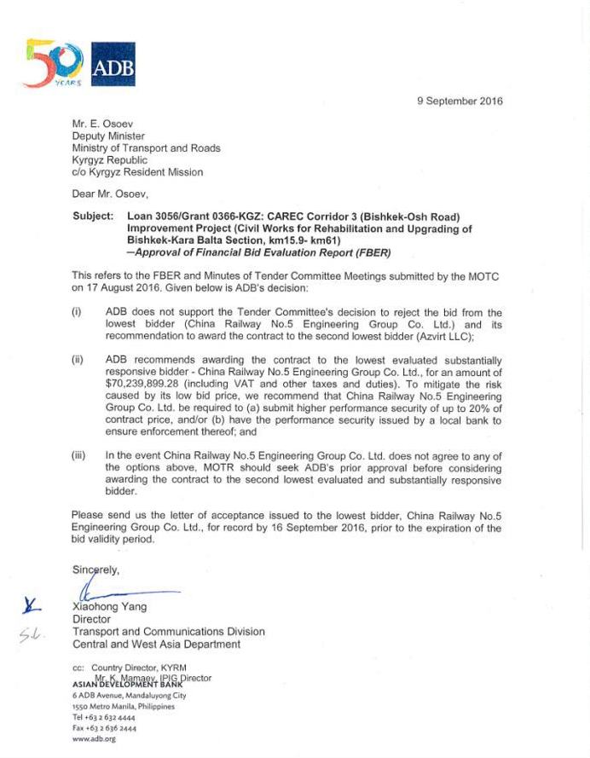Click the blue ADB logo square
[x=113, y=64]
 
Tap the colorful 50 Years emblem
[x=54, y=62]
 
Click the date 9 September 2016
[x=460, y=101]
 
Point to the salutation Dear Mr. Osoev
[x=110, y=194]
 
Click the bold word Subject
[x=92, y=217]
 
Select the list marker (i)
[x=77, y=313]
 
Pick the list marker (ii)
[x=78, y=361]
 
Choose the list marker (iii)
[x=78, y=456]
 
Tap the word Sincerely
[x=96, y=570]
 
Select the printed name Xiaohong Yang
[x=110, y=607]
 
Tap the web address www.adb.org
[x=94, y=738]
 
